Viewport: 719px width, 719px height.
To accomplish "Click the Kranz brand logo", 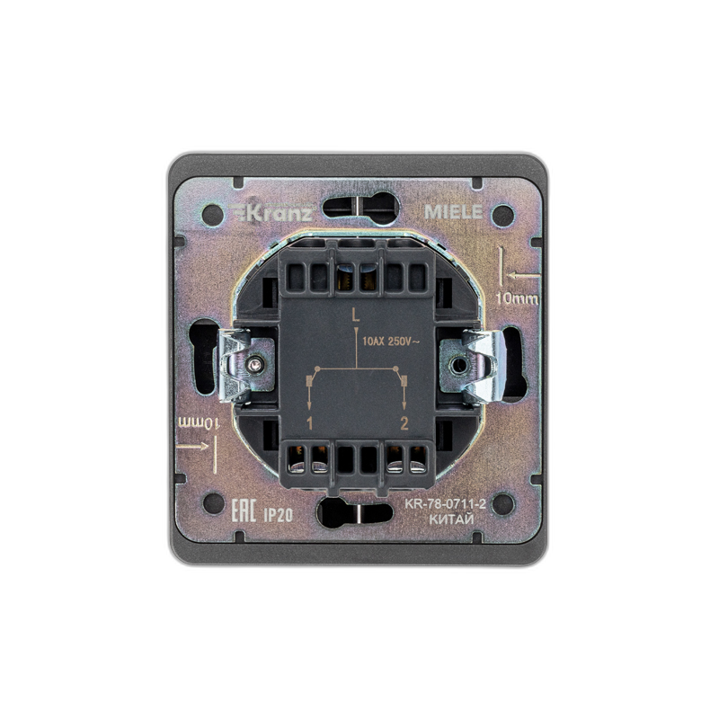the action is coord(271,213).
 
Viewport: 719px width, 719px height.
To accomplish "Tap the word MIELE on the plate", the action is coord(453,212).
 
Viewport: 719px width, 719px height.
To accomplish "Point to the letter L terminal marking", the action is coord(355,315).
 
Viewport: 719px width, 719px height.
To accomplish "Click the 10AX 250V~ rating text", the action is coord(391,342).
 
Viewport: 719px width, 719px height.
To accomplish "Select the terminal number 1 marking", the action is coord(309,423).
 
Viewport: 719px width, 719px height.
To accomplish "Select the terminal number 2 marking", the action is coord(404,423).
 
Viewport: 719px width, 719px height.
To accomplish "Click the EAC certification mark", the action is coord(243,511).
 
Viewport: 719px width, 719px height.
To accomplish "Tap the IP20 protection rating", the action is coord(279,515).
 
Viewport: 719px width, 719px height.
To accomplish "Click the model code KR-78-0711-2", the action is coord(445,504).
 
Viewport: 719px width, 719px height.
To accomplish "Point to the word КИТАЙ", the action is coord(451,519).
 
